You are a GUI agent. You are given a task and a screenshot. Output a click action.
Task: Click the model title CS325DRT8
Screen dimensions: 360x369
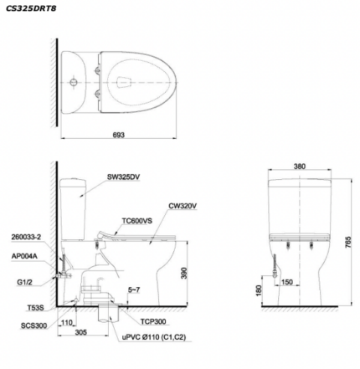point(31,8)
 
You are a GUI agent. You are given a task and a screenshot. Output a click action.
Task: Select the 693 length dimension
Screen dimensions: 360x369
point(119,135)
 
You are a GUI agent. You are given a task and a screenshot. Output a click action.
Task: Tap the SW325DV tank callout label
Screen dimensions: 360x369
point(124,177)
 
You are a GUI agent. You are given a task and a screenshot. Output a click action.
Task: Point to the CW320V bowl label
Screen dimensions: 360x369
point(183,206)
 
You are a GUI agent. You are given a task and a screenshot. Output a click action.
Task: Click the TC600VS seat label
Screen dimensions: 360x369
point(137,221)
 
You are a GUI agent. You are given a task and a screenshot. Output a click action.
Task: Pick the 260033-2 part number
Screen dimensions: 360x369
point(26,237)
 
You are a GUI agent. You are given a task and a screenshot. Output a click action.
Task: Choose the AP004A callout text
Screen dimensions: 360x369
point(24,256)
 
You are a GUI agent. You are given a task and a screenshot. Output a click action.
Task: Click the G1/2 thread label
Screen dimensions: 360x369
point(24,282)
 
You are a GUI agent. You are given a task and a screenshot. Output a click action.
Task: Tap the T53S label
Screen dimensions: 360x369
point(35,308)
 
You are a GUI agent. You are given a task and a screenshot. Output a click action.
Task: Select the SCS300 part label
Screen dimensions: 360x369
point(33,325)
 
